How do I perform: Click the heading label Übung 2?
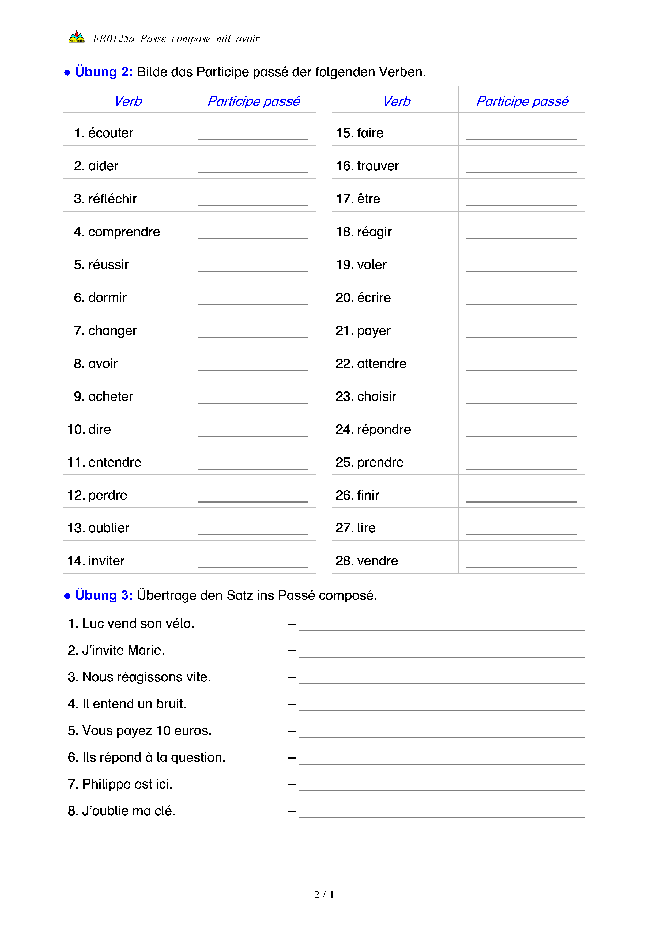click(x=103, y=72)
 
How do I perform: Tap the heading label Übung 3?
click(x=103, y=595)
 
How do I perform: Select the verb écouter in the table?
click(x=110, y=133)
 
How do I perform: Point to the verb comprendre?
click(x=124, y=232)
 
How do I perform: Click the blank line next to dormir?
click(x=253, y=301)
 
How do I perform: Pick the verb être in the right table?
click(x=368, y=199)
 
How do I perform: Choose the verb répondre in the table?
click(x=383, y=429)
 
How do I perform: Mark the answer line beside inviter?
click(x=253, y=564)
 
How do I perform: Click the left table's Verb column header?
click(x=128, y=101)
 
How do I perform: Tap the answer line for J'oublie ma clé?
click(x=442, y=814)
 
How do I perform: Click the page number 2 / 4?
click(x=323, y=895)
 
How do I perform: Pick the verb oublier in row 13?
click(x=108, y=528)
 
